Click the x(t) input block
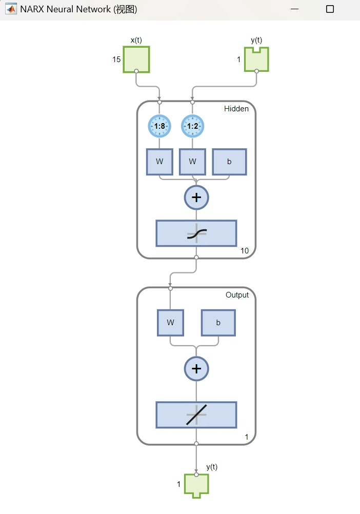(x=136, y=60)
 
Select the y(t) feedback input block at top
(x=256, y=60)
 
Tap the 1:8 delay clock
(x=159, y=126)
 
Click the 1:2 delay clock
(x=193, y=126)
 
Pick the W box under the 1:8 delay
(x=159, y=162)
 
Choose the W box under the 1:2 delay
(x=193, y=162)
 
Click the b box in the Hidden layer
(x=229, y=162)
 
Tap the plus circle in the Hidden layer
(x=196, y=197)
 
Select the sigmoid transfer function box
(x=196, y=233)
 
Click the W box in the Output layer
(x=170, y=323)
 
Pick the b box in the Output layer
(x=218, y=323)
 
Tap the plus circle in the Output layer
(x=196, y=369)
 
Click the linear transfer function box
(x=196, y=414)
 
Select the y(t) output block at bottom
(x=196, y=485)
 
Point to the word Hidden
(x=236, y=109)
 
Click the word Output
(x=237, y=295)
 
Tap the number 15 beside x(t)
(x=116, y=60)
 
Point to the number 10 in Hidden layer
(x=245, y=251)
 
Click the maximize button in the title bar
(x=330, y=9)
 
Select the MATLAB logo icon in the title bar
(x=11, y=9)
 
